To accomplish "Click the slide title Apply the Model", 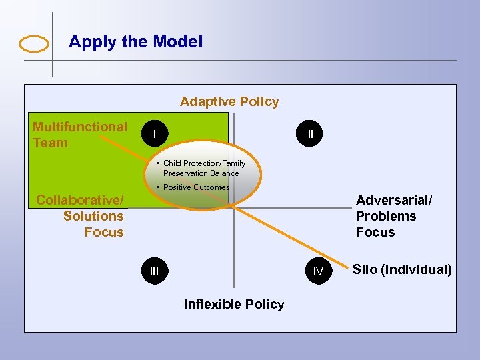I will (135, 41).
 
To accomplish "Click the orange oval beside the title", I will (34, 44).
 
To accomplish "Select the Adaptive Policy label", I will (229, 101).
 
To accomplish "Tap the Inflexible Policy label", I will (233, 304).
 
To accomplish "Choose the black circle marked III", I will (155, 271).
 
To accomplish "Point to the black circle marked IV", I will (319, 271).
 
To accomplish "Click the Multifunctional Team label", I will (79, 135).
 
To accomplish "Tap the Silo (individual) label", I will (402, 269).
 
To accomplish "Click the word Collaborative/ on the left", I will (79, 200).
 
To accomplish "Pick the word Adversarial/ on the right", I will (394, 200).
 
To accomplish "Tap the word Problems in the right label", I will (385, 216).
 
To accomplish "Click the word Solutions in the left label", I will (93, 216).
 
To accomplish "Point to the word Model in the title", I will (177, 41).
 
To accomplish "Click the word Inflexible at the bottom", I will (212, 304).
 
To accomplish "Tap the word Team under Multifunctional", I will (50, 143).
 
